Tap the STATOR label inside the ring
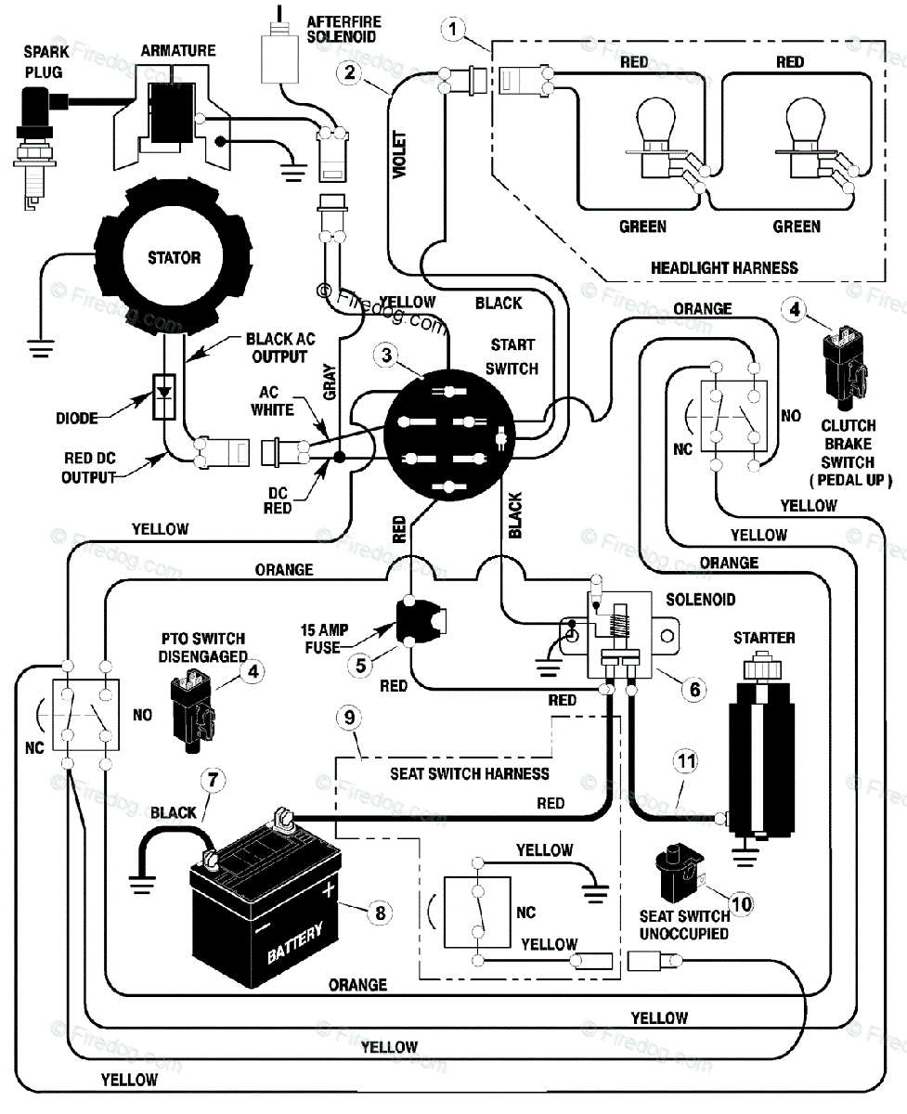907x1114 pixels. [x=174, y=257]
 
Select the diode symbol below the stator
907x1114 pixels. [x=164, y=393]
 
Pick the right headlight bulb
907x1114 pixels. [x=804, y=136]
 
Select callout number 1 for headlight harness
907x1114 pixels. [x=452, y=30]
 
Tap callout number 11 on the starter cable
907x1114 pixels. [x=685, y=763]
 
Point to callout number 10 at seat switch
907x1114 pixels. [x=740, y=900]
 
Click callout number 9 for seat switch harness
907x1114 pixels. [x=348, y=717]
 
